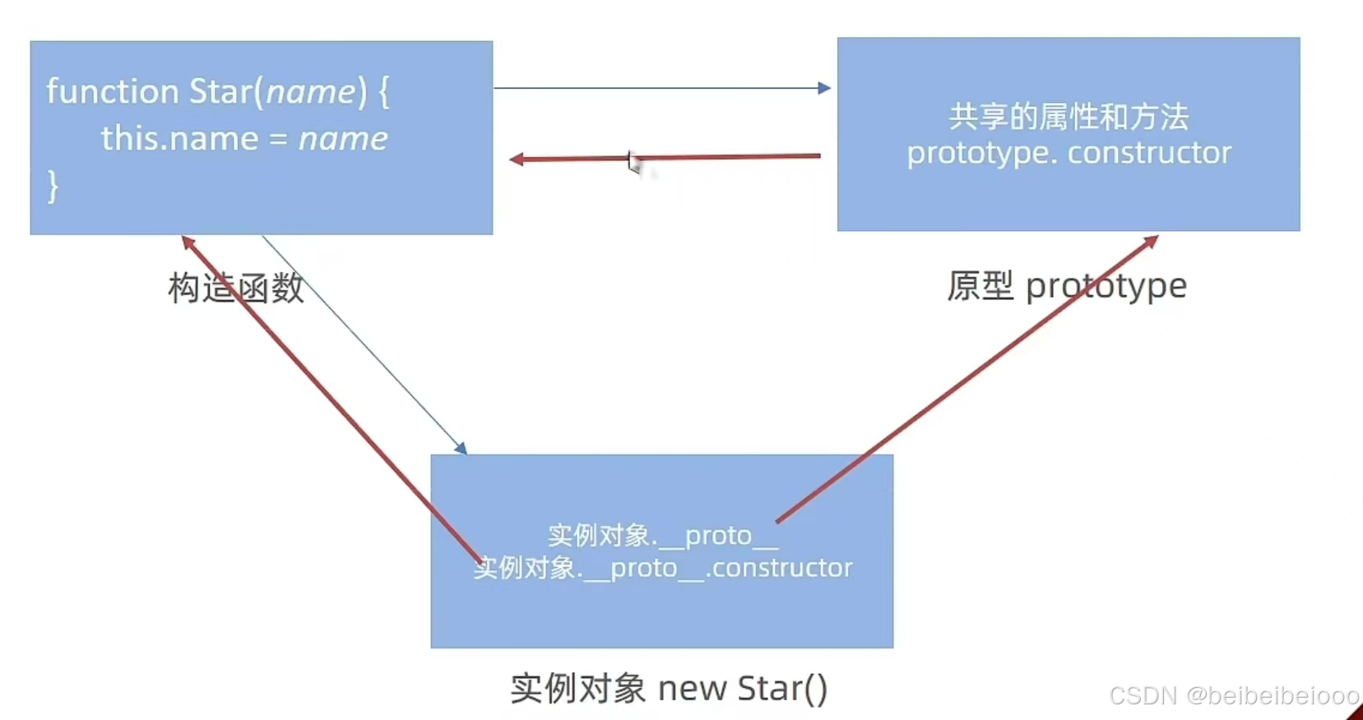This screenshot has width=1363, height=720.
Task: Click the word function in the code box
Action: (112, 91)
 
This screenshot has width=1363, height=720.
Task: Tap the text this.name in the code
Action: (179, 139)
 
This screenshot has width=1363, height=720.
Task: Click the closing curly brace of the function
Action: (53, 187)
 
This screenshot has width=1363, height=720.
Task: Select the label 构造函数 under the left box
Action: (235, 288)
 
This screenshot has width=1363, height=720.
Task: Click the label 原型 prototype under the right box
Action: (1066, 286)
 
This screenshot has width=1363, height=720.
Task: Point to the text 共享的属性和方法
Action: (1069, 117)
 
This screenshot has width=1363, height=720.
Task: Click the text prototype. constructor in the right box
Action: (1069, 153)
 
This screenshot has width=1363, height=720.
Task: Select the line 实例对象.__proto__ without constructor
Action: (662, 536)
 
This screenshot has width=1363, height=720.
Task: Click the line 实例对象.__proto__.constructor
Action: (663, 568)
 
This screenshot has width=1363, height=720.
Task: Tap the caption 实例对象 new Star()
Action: (668, 688)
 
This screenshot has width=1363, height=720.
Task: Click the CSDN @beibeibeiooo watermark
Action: (1233, 696)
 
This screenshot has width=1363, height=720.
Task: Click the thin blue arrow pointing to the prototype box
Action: (658, 88)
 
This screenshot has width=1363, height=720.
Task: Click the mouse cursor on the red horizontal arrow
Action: (633, 162)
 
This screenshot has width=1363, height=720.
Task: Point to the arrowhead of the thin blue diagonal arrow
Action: (461, 448)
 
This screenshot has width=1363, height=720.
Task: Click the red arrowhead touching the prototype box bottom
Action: (1151, 241)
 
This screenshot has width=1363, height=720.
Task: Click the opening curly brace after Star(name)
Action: (383, 91)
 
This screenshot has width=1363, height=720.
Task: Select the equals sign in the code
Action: (278, 140)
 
